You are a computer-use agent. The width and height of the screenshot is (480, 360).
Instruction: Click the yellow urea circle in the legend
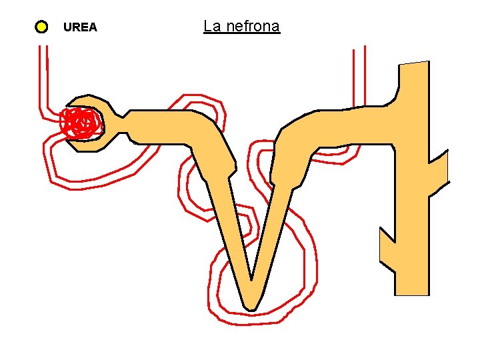click(x=41, y=27)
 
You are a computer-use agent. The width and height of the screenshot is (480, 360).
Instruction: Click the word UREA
click(x=80, y=27)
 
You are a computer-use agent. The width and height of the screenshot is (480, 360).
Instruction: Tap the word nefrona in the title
click(x=252, y=27)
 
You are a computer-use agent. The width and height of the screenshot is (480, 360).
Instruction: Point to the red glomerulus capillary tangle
click(x=80, y=123)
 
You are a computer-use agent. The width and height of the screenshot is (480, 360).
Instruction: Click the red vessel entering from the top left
click(x=43, y=73)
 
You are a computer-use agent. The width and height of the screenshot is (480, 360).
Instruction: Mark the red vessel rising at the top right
click(x=359, y=73)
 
